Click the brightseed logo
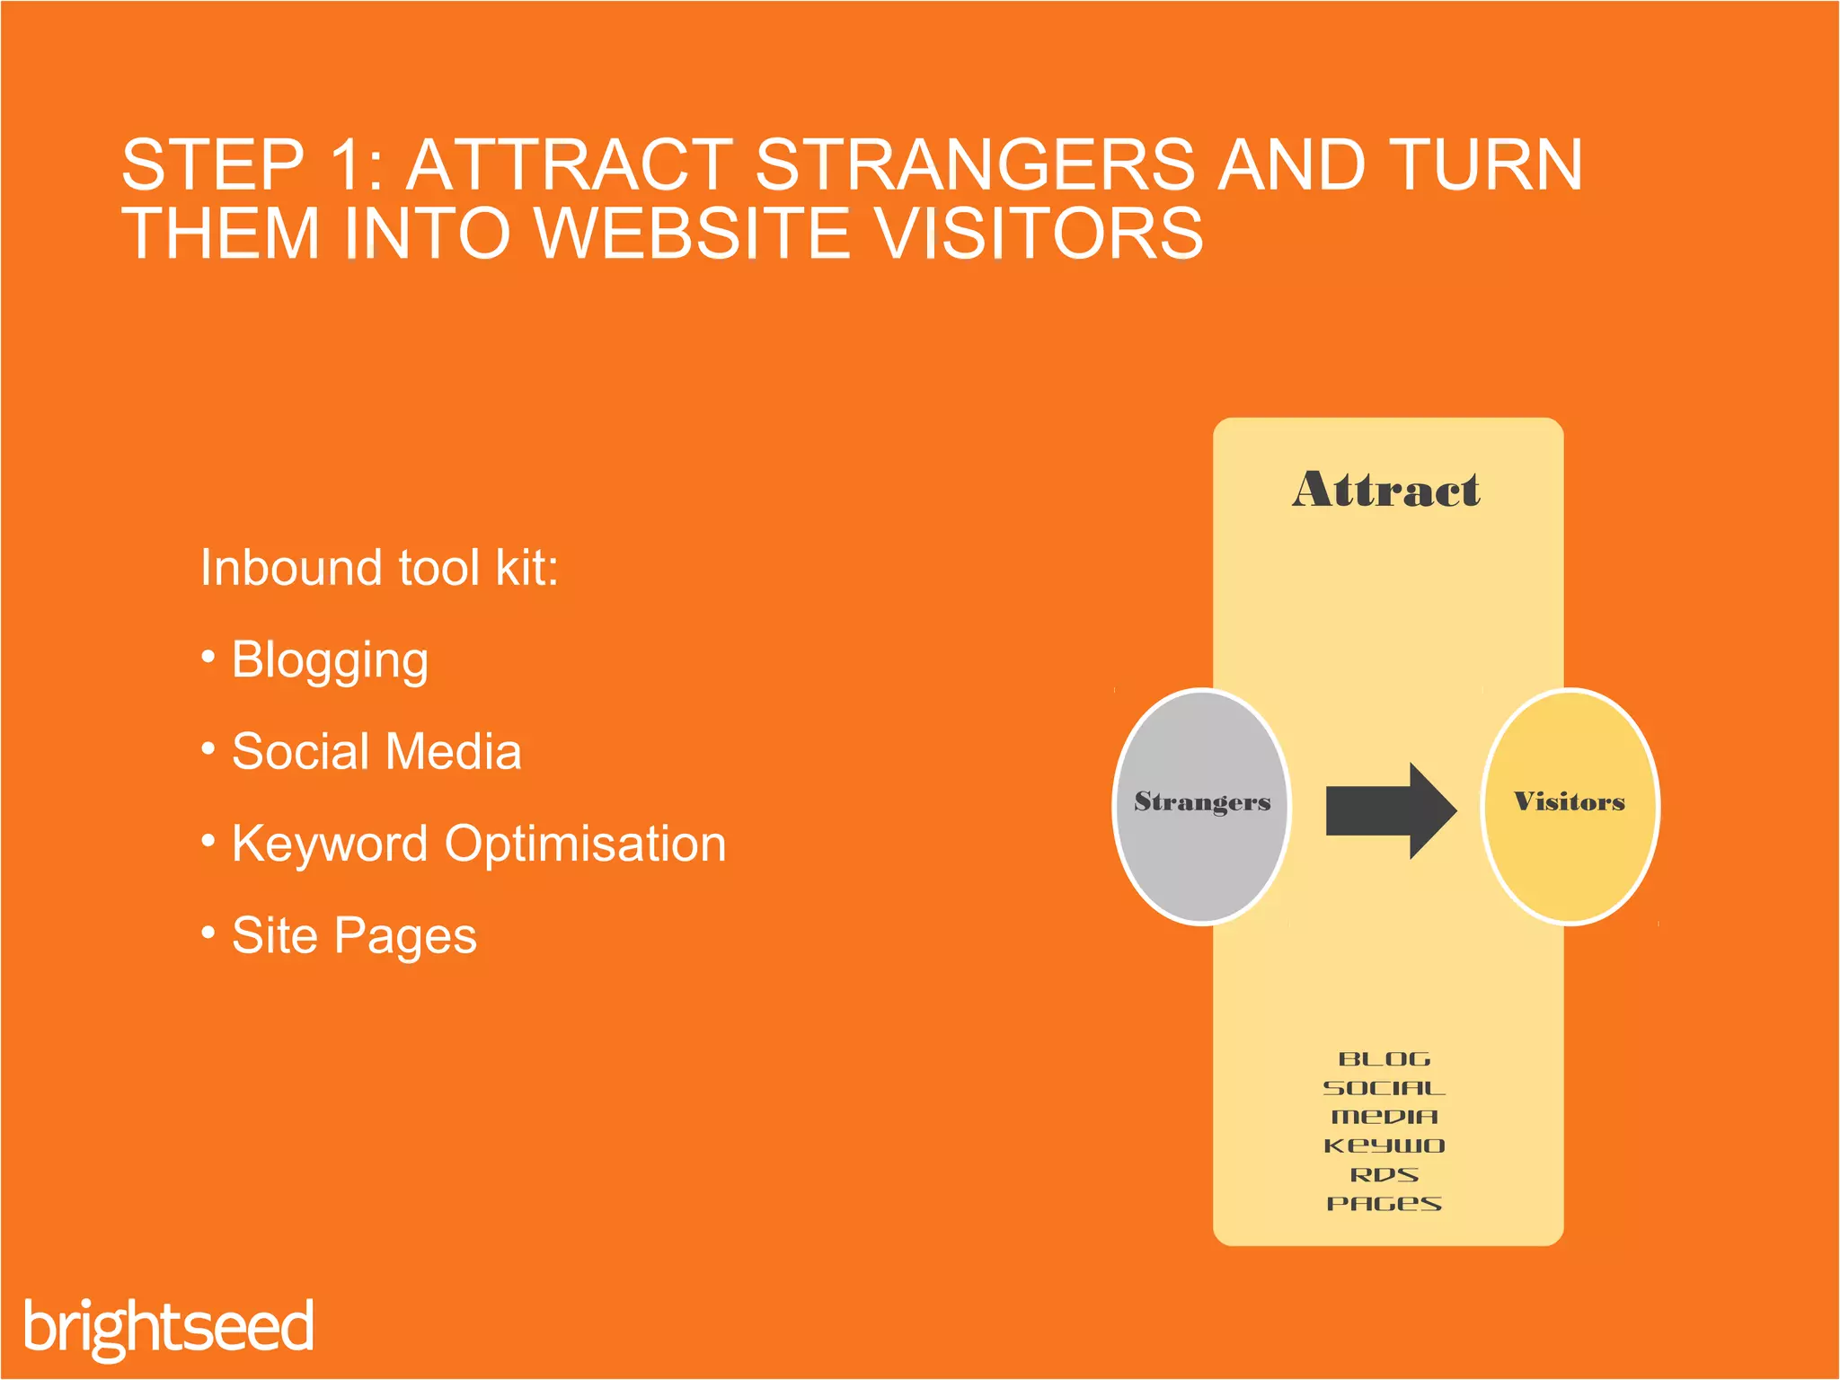point(169,1326)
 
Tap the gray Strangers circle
point(1202,805)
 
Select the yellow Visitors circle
point(1569,805)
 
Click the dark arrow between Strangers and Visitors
point(1390,810)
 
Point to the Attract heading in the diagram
point(1386,491)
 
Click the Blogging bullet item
point(330,660)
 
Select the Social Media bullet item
point(376,752)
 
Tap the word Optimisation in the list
point(585,845)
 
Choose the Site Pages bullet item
point(354,936)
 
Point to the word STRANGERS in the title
point(975,165)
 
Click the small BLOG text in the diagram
point(1384,1059)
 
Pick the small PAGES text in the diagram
point(1384,1204)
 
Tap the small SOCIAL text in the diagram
point(1384,1088)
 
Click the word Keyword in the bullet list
point(329,845)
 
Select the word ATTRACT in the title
point(571,165)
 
